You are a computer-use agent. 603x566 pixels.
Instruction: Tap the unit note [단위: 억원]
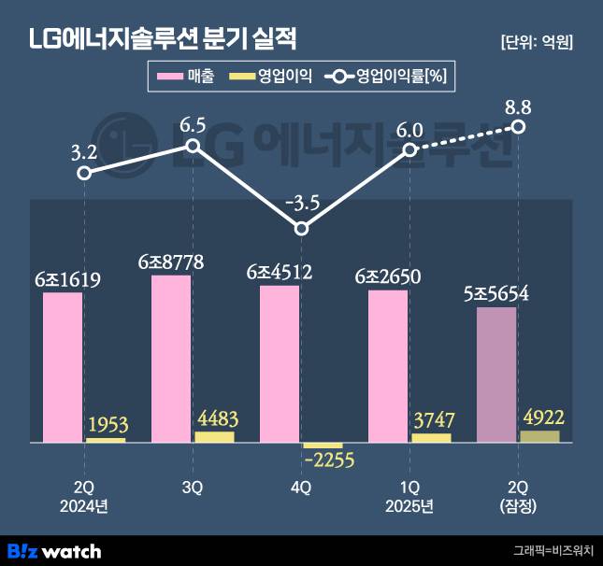[x=537, y=42]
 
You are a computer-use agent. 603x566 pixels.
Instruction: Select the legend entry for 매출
[x=187, y=78]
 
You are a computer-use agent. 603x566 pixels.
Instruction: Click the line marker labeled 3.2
[x=84, y=173]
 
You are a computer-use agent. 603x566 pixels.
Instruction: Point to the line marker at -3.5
[x=301, y=228]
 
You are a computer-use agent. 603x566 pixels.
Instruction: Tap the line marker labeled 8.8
[x=519, y=126]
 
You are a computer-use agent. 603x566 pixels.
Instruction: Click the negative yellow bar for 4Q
[x=323, y=446]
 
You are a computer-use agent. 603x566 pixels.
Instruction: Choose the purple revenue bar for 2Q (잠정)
[x=496, y=374]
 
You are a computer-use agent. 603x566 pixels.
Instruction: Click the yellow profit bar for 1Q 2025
[x=431, y=437]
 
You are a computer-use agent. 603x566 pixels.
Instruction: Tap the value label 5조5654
[x=496, y=293]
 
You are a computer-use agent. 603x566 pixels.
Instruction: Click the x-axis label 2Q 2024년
[x=84, y=497]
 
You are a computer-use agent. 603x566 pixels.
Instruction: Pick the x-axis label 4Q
[x=301, y=488]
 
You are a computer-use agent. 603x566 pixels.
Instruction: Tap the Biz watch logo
[x=54, y=550]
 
